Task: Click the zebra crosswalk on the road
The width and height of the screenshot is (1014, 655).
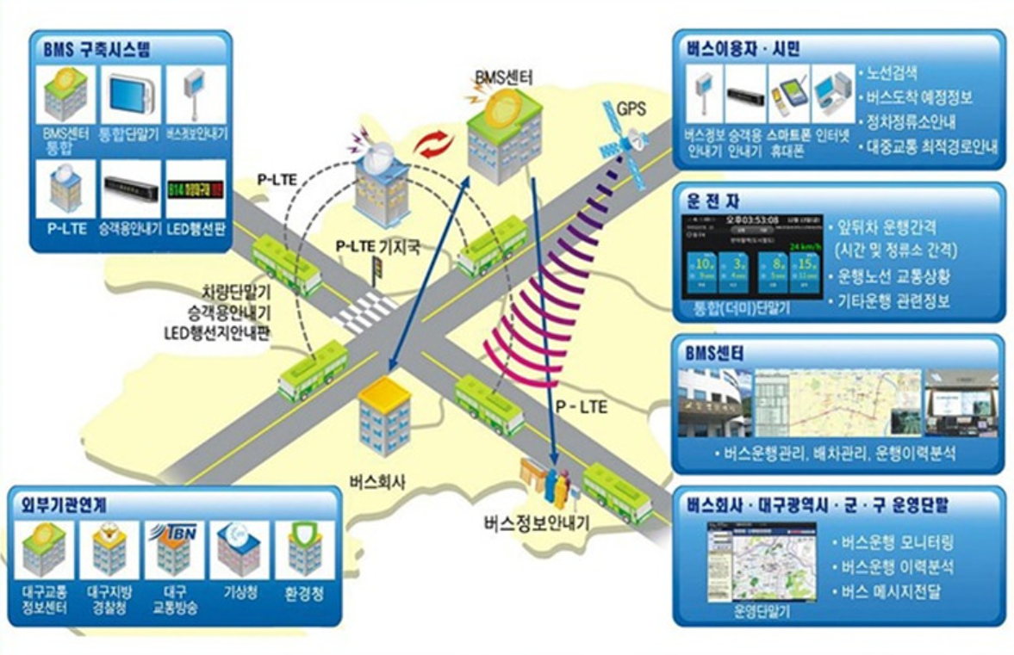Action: pos(366,312)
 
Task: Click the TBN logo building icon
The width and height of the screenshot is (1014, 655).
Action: pos(173,547)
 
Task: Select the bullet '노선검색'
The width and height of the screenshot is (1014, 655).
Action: pos(897,74)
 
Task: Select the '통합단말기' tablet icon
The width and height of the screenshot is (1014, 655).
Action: pos(130,90)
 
